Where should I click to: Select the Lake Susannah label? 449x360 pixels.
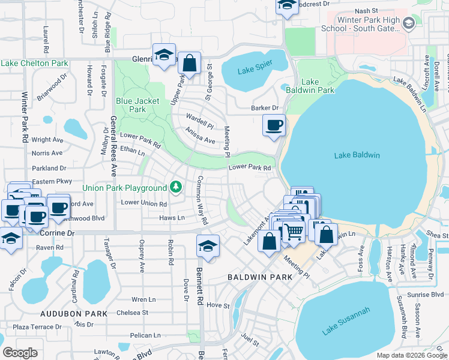click(x=346, y=322)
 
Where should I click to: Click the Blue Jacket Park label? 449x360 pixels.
click(x=138, y=105)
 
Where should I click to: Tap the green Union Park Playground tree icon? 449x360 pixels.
click(x=176, y=188)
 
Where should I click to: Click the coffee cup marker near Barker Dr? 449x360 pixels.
click(x=274, y=126)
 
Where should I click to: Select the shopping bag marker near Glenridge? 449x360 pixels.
click(x=189, y=64)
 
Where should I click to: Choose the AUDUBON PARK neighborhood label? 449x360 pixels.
click(x=74, y=314)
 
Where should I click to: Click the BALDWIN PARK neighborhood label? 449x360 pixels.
click(x=260, y=277)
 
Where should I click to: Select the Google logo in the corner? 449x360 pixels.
click(x=20, y=353)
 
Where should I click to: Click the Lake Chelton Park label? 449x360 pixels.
click(x=34, y=63)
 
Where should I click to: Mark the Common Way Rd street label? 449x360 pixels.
click(x=202, y=200)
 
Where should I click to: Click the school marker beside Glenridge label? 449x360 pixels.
click(x=164, y=55)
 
